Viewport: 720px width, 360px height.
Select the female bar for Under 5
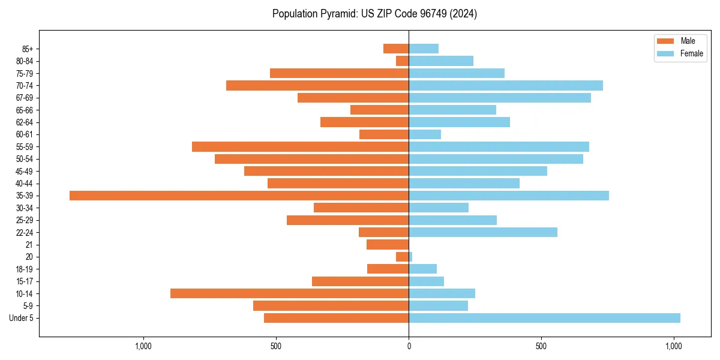click(544, 318)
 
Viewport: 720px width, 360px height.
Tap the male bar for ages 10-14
click(289, 293)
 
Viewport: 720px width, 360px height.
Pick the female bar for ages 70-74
click(506, 86)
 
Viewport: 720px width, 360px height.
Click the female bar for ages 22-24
click(483, 232)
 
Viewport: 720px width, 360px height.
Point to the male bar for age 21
click(388, 245)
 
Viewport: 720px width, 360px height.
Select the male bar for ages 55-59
click(300, 147)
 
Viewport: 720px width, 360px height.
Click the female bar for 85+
click(424, 49)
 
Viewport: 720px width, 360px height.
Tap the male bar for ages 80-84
click(402, 61)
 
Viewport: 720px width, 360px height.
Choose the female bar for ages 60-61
click(425, 134)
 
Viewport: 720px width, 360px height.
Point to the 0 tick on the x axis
click(409, 346)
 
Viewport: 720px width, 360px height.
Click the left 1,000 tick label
click(143, 346)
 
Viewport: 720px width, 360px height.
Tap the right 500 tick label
click(541, 346)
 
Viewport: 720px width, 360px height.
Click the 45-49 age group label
click(25, 172)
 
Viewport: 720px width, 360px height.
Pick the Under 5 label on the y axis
click(21, 318)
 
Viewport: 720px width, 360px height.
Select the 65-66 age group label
click(25, 110)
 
